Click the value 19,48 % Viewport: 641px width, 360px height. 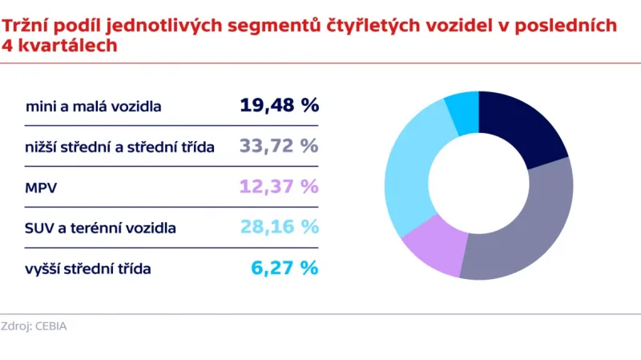click(279, 105)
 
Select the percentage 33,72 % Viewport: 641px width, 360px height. click(279, 146)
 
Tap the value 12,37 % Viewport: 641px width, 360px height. click(279, 187)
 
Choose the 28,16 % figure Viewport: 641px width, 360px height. click(279, 227)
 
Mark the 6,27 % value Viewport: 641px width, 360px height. click(285, 268)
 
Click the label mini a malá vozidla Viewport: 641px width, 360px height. click(94, 107)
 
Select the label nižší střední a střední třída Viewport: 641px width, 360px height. click(120, 148)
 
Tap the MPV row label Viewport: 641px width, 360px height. click(40, 188)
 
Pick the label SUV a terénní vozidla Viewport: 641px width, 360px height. click(101, 229)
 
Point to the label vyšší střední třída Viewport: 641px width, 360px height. click(88, 269)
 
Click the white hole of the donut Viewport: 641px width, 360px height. click(478, 185)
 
